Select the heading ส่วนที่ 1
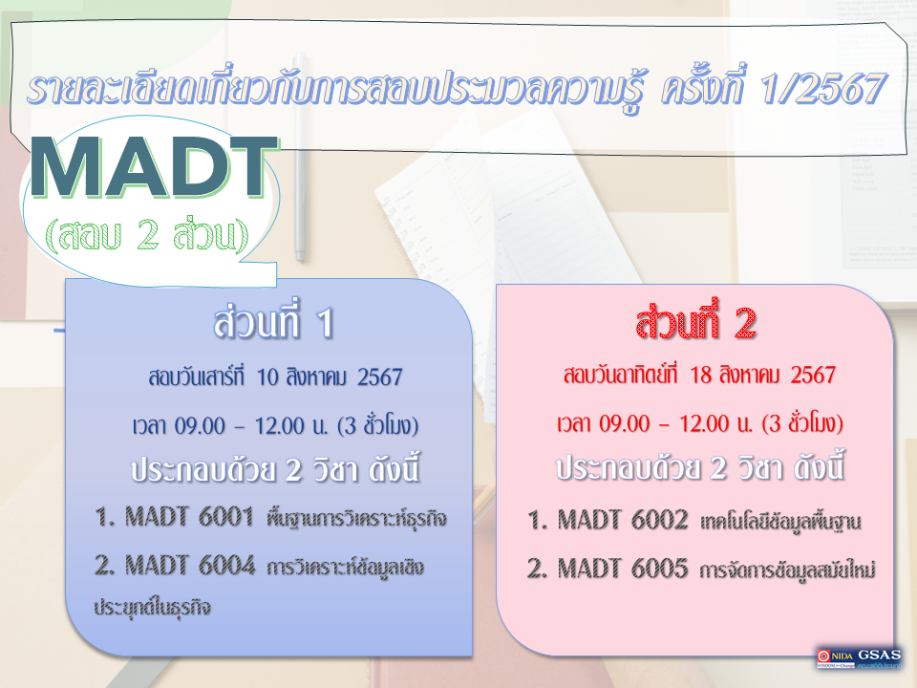tap(273, 325)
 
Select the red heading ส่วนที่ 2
tap(696, 325)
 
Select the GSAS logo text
tap(880, 654)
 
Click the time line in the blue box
tap(274, 424)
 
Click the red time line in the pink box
tap(700, 422)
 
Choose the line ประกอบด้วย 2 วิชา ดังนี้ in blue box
tap(275, 471)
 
